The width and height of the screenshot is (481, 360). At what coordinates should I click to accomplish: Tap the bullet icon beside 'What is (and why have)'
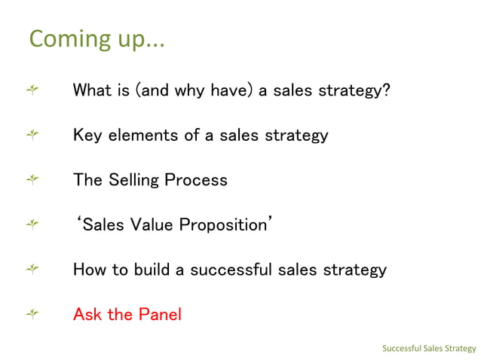click(32, 91)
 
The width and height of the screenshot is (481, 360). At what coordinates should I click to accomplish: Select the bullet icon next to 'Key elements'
click(32, 136)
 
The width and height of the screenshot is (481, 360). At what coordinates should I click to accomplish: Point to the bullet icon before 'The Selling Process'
click(32, 180)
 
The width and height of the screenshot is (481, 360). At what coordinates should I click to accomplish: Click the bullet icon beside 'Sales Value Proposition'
click(32, 224)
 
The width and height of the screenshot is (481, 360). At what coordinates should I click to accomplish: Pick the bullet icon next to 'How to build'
click(32, 269)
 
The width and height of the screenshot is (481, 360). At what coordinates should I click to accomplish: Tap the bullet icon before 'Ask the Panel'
click(32, 314)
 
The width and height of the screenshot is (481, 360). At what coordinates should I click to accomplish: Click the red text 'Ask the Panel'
click(127, 314)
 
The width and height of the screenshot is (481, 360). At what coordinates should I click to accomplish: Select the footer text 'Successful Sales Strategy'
click(428, 348)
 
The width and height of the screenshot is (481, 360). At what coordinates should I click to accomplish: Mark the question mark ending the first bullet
click(385, 91)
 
